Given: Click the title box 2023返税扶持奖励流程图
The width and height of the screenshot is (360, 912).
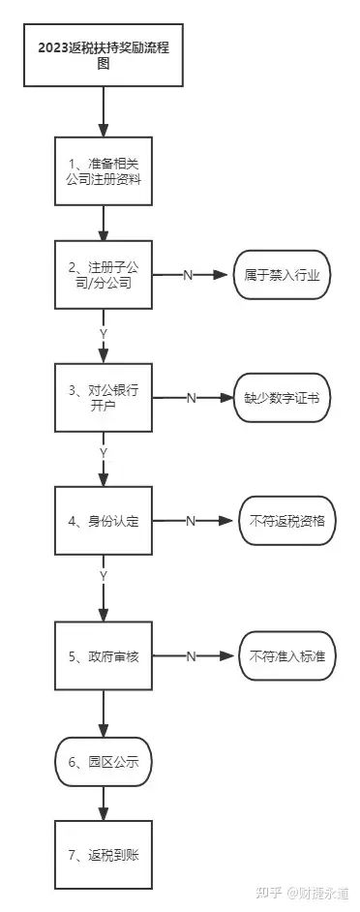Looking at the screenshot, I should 104,56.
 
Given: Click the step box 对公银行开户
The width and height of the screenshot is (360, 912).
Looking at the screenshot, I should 104,398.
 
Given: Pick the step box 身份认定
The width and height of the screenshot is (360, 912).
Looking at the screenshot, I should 104,521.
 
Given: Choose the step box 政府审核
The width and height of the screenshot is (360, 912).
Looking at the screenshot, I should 104,656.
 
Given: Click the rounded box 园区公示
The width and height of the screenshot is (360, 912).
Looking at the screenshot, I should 104,762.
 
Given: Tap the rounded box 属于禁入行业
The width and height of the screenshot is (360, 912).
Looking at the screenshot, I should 282,275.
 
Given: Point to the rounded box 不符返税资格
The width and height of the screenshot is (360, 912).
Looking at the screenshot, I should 286,521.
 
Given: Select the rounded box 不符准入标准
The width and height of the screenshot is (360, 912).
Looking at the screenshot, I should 286,656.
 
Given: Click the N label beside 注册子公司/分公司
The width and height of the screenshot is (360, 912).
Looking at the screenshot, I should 188,276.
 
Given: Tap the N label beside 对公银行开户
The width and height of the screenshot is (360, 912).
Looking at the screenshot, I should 191,398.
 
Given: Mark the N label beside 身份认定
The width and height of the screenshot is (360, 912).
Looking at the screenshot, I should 191,521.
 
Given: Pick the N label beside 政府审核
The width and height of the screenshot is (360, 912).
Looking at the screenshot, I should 191,656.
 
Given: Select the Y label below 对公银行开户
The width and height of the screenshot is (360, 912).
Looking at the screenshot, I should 104,452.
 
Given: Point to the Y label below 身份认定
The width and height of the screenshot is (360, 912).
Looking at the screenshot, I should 104,576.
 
